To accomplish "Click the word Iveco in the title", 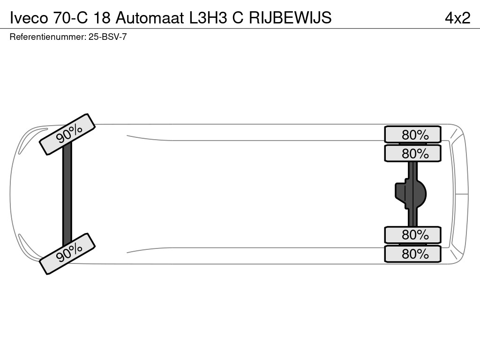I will [29, 17].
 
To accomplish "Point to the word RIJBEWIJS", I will [290, 17].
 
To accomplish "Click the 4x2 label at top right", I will [457, 17].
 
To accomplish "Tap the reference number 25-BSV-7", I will [107, 37].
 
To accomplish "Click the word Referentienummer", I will [47, 37].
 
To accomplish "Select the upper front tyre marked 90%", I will [67, 134].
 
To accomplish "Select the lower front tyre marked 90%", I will [67, 254].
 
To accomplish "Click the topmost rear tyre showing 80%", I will [412, 135].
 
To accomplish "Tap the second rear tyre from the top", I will [412, 153].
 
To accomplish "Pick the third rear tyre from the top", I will [412, 235].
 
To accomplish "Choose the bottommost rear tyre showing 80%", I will [412, 254].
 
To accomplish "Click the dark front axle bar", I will [67, 194].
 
